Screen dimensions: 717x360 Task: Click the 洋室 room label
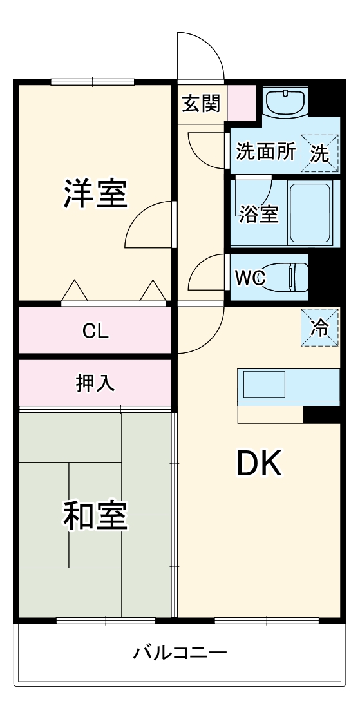(95, 194)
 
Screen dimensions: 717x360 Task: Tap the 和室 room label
(95, 515)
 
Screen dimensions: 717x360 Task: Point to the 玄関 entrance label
(201, 103)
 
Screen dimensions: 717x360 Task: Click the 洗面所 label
(265, 152)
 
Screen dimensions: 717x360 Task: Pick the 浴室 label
(258, 215)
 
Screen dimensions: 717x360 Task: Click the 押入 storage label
(95, 383)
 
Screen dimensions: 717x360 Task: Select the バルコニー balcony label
(180, 654)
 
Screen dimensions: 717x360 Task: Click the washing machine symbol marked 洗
(320, 153)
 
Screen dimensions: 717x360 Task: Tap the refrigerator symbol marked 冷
(320, 328)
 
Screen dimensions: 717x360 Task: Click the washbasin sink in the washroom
(285, 101)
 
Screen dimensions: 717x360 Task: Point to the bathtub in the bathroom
(310, 213)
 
